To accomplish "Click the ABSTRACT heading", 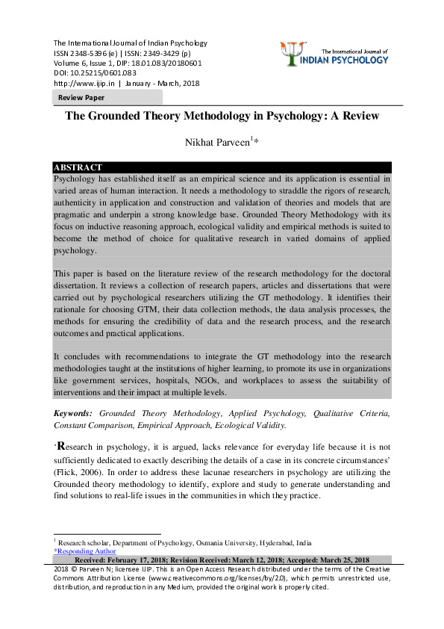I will (78, 167).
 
